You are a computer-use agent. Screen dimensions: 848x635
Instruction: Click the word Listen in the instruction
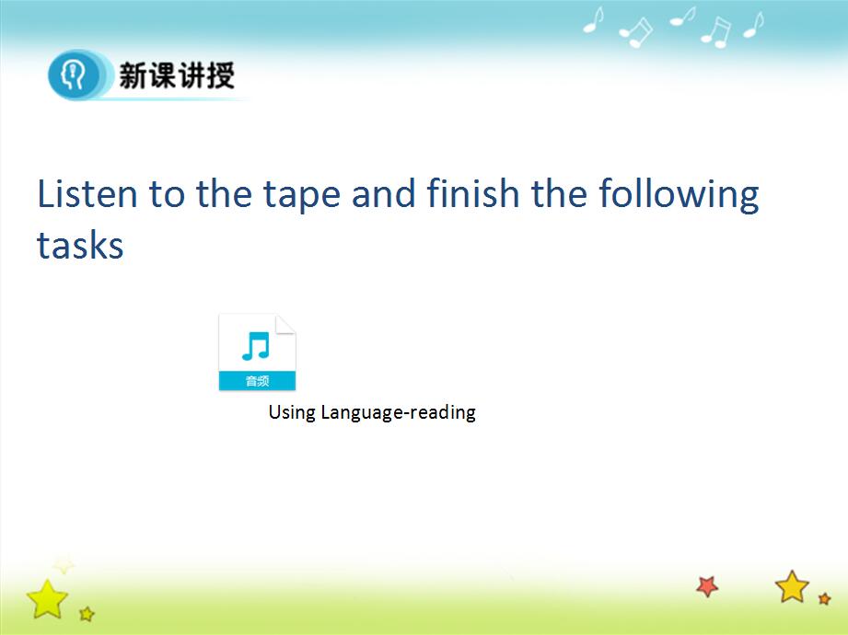pyautogui.click(x=87, y=193)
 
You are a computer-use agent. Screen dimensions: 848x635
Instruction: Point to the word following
pyautogui.click(x=679, y=196)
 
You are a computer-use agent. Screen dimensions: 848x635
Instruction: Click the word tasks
pyautogui.click(x=80, y=245)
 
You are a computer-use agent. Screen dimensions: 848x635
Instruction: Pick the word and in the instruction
pyautogui.click(x=383, y=193)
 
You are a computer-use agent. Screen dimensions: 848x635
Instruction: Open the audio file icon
pyautogui.click(x=257, y=352)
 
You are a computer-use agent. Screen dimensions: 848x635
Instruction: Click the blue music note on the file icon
pyautogui.click(x=256, y=346)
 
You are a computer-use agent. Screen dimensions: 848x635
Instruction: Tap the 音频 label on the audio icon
pyautogui.click(x=257, y=381)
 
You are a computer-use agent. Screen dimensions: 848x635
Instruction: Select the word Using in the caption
pyautogui.click(x=292, y=413)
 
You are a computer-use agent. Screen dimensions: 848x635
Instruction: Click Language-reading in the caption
pyautogui.click(x=398, y=413)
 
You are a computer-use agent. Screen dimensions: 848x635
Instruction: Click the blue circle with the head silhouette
pyautogui.click(x=74, y=75)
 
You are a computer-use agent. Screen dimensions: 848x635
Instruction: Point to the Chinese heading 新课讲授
pyautogui.click(x=177, y=75)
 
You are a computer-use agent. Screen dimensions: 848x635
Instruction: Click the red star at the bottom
pyautogui.click(x=707, y=586)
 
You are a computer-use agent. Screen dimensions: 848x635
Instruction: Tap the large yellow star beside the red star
pyautogui.click(x=793, y=587)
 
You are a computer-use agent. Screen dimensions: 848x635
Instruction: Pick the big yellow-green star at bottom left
pyautogui.click(x=47, y=599)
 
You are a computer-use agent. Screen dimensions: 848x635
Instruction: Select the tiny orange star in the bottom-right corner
pyautogui.click(x=825, y=598)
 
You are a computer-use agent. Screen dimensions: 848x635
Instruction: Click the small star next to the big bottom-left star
pyautogui.click(x=87, y=614)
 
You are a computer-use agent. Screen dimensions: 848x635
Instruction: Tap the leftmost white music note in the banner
pyautogui.click(x=593, y=20)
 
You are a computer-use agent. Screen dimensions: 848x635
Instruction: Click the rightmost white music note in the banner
pyautogui.click(x=753, y=25)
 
